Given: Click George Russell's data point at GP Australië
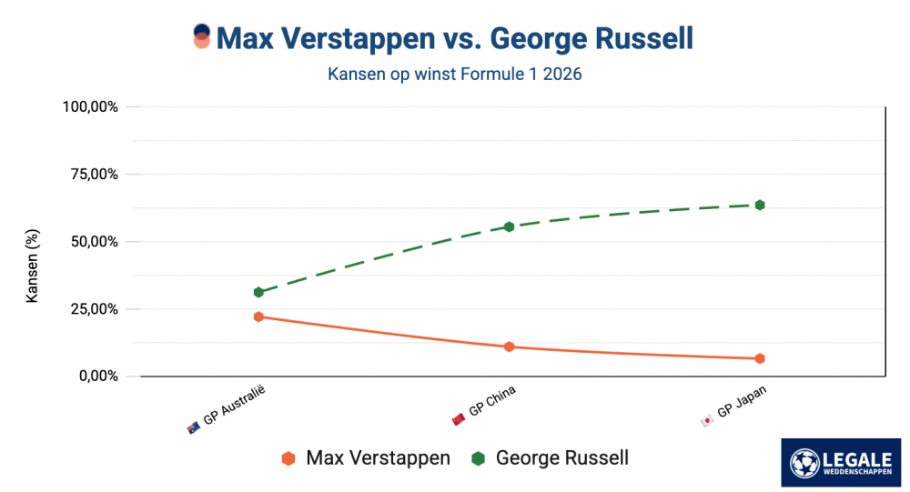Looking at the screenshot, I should (x=258, y=292).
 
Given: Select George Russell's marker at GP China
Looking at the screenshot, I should (x=510, y=226).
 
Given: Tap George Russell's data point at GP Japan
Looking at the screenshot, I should (x=760, y=205).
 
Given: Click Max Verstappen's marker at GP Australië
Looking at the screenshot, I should (x=258, y=316).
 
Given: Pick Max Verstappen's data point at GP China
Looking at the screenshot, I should (x=510, y=346).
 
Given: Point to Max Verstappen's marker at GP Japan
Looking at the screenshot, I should (x=760, y=358).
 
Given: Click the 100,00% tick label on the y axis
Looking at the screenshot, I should (x=90, y=106).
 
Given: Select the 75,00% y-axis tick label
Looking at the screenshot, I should (x=94, y=174).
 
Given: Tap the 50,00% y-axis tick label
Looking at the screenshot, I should (x=94, y=241).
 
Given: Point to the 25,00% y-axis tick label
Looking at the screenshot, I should (x=94, y=308).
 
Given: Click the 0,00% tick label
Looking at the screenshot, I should (x=97, y=376).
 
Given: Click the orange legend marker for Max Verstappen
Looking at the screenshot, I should (x=288, y=458).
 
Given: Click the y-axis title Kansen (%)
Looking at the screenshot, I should (x=33, y=266).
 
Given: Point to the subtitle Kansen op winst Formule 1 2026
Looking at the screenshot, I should (x=454, y=75).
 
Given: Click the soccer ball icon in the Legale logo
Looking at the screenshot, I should (x=804, y=462).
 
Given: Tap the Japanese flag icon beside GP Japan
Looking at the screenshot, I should (x=707, y=420).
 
